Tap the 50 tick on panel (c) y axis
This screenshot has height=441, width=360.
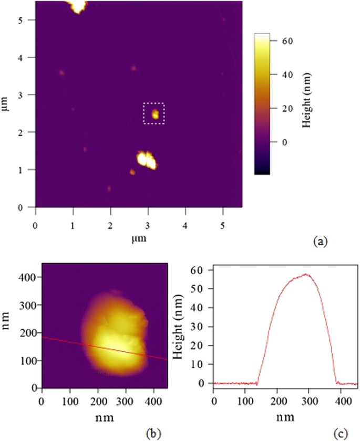point(201,289)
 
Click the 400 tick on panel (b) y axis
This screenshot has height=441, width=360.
point(31,277)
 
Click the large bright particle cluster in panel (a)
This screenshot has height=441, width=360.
point(147,160)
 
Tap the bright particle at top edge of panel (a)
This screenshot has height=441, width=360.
point(78,6)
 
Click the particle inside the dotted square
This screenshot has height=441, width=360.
point(155,113)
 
